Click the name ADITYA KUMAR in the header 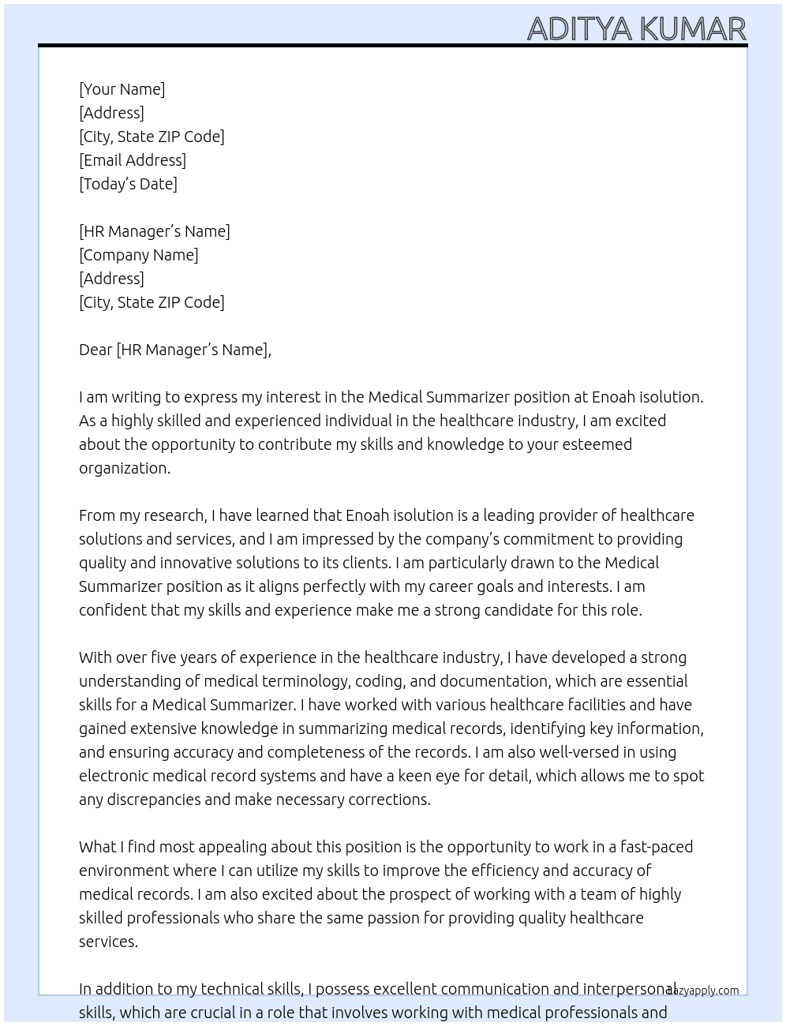coord(636,28)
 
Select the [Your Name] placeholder coord(122,89)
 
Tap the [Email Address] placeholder coord(133,160)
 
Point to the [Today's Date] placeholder coord(128,184)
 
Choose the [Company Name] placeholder coord(139,255)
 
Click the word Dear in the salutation coord(95,350)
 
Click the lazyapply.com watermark coord(703,990)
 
